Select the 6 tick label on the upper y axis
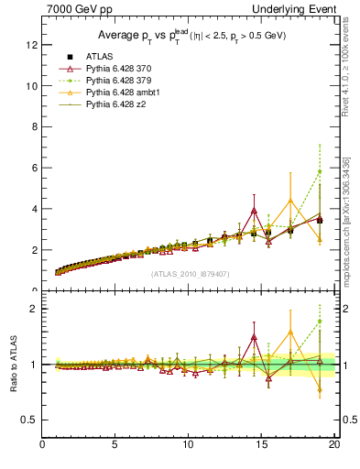click(x=34, y=168)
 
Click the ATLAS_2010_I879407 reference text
click(x=190, y=273)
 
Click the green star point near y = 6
click(x=320, y=171)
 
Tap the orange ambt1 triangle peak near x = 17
click(x=290, y=201)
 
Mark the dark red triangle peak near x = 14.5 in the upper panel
click(x=254, y=211)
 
